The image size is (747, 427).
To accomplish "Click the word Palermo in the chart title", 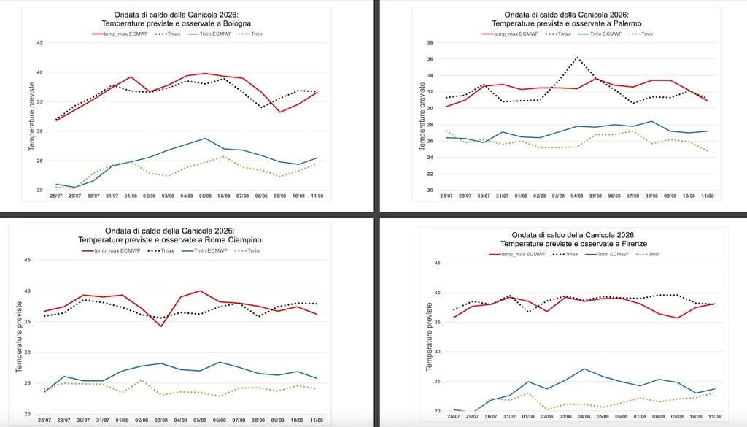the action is [627, 23].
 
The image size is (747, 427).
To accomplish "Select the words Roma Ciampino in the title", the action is [237, 239].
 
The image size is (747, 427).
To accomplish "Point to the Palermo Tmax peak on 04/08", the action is [577, 58].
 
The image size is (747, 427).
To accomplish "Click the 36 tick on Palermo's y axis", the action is [430, 59].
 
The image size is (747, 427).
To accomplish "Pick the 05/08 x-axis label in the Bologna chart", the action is [205, 196].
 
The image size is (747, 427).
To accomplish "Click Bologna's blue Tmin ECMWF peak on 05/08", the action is [205, 138].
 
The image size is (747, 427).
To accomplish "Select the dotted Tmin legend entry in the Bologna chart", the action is [250, 34].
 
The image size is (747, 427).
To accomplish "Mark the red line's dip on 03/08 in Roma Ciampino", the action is [161, 326].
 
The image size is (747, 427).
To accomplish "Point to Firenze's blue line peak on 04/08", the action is [584, 369].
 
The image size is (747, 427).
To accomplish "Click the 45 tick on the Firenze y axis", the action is [438, 263].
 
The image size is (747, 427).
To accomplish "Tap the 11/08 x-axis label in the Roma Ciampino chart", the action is [317, 420].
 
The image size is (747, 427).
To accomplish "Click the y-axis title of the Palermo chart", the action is [422, 117].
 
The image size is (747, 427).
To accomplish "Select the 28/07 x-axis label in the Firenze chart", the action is [454, 417].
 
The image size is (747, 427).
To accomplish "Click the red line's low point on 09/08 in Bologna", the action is [279, 112].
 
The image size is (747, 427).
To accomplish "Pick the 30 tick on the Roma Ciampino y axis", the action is [27, 353].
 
